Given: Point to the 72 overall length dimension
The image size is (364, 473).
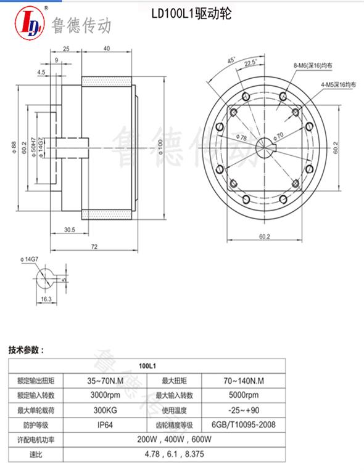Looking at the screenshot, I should click(95, 246).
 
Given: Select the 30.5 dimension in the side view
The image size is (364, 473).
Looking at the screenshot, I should click(70, 229).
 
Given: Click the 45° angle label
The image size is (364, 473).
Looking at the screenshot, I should click(232, 60).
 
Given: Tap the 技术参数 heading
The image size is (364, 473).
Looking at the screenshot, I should click(27, 350).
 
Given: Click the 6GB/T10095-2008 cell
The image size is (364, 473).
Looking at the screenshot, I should click(243, 424).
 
